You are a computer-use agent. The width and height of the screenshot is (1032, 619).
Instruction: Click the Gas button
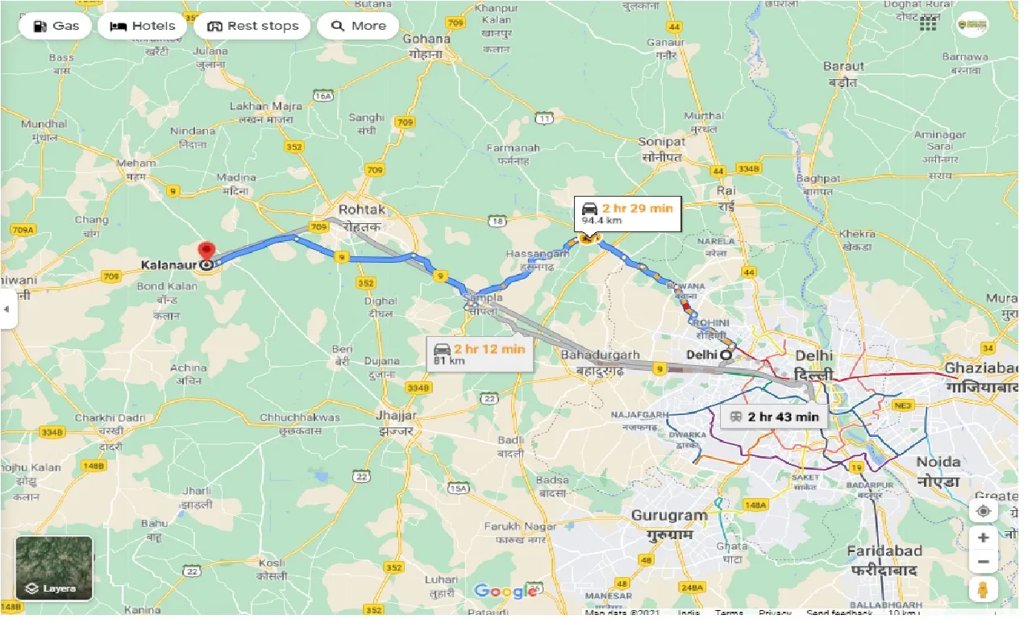(56, 26)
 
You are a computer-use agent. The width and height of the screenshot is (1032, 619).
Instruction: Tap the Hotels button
(142, 26)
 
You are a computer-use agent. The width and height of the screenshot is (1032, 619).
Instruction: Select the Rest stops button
(252, 26)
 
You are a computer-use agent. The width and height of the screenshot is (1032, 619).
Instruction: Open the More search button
(358, 26)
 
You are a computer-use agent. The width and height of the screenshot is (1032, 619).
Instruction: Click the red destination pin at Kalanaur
(207, 252)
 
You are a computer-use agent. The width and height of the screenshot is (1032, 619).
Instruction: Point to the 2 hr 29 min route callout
(627, 214)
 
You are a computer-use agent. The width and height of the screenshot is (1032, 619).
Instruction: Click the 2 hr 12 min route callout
(480, 353)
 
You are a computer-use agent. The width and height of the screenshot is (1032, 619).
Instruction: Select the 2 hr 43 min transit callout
(773, 417)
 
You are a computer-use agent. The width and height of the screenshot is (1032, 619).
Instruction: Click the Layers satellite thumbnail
(54, 569)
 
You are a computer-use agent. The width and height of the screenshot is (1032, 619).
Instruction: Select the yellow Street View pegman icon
(983, 589)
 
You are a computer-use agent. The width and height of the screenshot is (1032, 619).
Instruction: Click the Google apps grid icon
(928, 24)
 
